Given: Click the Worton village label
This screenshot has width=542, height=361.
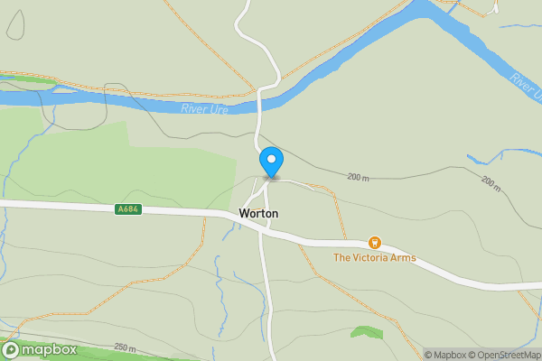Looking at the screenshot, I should [x=258, y=214].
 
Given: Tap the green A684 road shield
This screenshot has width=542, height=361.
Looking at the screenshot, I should [x=127, y=209].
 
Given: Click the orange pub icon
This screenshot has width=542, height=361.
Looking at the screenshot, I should [x=374, y=243].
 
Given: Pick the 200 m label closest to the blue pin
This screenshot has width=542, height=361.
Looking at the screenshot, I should [x=358, y=178].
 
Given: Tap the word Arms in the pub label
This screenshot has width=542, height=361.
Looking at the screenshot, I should [x=403, y=257].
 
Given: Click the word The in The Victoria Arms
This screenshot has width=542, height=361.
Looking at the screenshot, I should [x=341, y=257].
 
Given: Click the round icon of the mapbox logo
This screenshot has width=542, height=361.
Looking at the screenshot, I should [x=12, y=349].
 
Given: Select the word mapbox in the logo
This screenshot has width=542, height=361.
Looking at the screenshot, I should [x=49, y=349].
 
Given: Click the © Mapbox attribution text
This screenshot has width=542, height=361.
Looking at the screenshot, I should [x=444, y=355].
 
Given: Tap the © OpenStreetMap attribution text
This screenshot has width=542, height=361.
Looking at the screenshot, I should [x=503, y=355].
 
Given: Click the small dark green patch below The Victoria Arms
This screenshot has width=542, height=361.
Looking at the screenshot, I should [x=366, y=332].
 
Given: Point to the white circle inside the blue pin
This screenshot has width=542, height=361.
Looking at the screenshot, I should [x=271, y=160].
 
